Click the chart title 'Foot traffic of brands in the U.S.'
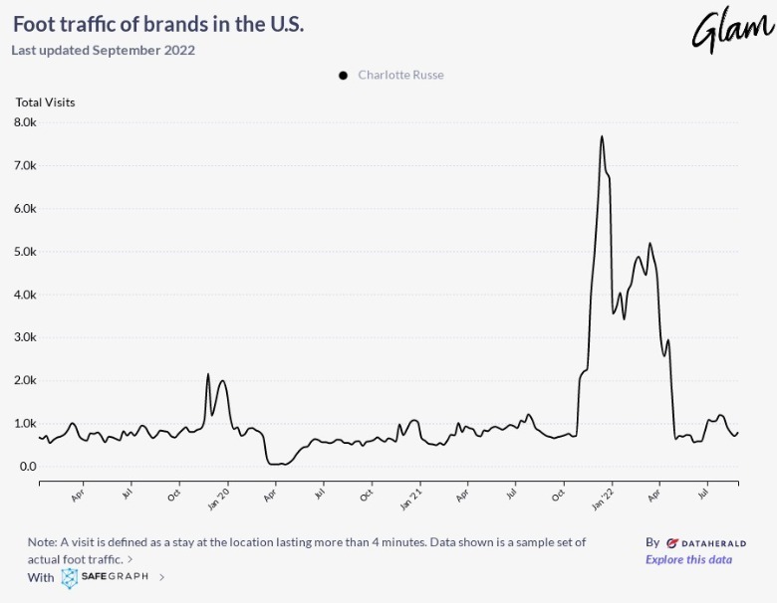pyautogui.click(x=158, y=23)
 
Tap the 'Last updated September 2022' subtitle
pyautogui.click(x=103, y=50)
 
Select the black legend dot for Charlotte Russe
pyautogui.click(x=343, y=76)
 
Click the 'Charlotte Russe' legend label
pyautogui.click(x=400, y=76)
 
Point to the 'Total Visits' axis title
pyautogui.click(x=45, y=101)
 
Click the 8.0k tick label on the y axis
pyautogui.click(x=25, y=122)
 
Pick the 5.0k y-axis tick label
pyautogui.click(x=25, y=252)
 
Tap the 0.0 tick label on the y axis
pyautogui.click(x=27, y=467)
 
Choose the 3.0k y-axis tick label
pyautogui.click(x=25, y=337)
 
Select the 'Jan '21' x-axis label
pyautogui.click(x=411, y=497)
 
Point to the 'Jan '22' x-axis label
pyautogui.click(x=603, y=497)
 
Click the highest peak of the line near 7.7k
pyautogui.click(x=602, y=136)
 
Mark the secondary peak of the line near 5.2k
pyautogui.click(x=649, y=243)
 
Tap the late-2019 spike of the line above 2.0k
pyautogui.click(x=208, y=374)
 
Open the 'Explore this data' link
pyautogui.click(x=688, y=559)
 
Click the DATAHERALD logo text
pyautogui.click(x=705, y=543)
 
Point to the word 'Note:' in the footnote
pyautogui.click(x=43, y=542)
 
